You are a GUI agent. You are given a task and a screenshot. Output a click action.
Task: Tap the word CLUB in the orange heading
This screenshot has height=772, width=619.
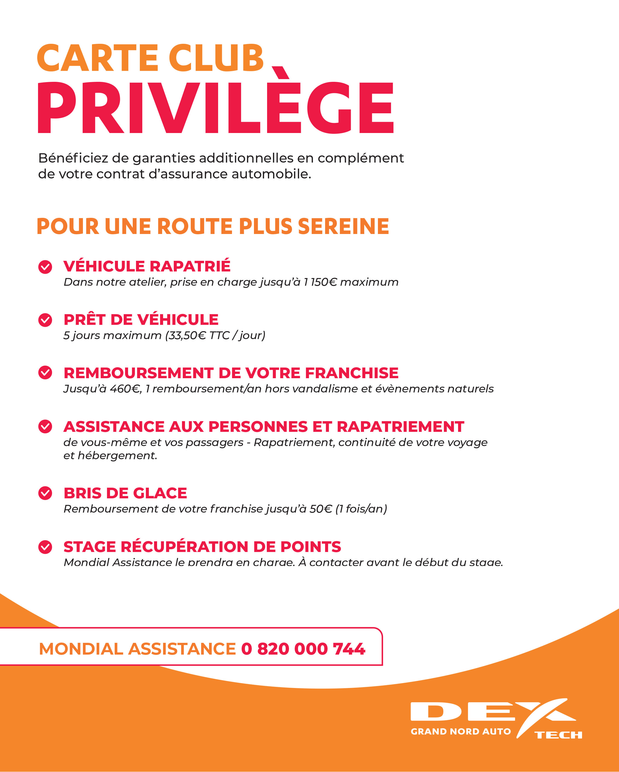[x=216, y=58]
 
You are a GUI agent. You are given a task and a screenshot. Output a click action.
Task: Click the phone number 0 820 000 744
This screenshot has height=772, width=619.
[x=303, y=649]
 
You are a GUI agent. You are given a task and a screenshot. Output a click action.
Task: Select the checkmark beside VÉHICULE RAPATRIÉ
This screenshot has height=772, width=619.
[x=45, y=267]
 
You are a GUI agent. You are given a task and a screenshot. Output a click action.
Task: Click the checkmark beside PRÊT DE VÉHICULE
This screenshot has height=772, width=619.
[x=45, y=320]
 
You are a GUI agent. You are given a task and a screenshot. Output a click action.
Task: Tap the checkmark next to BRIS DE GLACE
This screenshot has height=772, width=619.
[x=45, y=493]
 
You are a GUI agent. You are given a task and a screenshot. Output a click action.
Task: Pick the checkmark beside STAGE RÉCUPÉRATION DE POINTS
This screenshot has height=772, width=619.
[x=45, y=547]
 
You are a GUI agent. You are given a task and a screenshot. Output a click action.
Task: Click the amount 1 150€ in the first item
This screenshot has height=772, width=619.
[x=320, y=282]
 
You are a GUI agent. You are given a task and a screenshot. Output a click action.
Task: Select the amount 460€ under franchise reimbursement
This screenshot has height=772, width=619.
[x=125, y=389]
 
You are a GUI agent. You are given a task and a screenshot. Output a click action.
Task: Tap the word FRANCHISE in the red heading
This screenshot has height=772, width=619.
[x=352, y=373]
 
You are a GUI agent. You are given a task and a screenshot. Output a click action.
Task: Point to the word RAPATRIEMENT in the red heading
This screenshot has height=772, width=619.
[x=400, y=426]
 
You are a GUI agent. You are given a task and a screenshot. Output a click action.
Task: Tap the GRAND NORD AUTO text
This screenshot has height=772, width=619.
[x=460, y=731]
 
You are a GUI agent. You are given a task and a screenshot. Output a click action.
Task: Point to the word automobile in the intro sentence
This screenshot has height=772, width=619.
[x=271, y=174]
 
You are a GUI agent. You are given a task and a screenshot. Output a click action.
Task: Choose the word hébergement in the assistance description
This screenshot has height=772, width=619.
[x=117, y=455]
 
